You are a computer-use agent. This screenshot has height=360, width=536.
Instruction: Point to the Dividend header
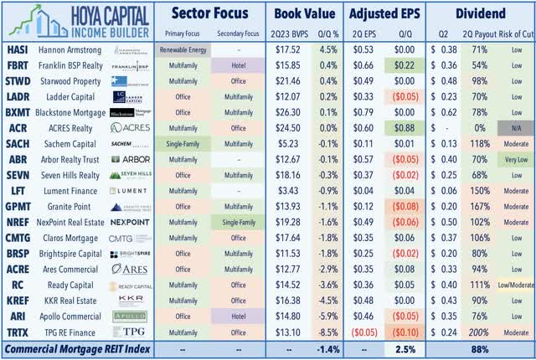[x=482, y=13]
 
